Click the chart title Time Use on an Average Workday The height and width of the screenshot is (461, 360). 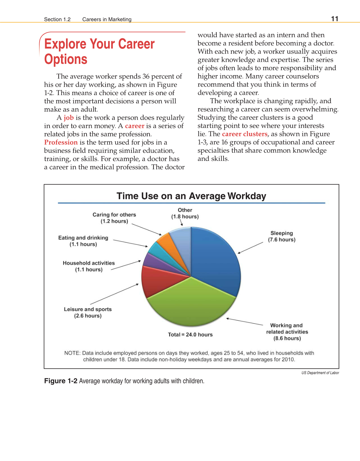click(x=191, y=196)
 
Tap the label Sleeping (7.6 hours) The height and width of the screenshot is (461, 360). click(x=282, y=236)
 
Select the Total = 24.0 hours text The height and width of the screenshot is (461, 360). click(x=190, y=334)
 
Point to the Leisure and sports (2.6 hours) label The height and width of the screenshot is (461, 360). click(x=88, y=312)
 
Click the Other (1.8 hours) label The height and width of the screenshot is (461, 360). click(x=185, y=213)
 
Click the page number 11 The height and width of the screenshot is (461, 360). click(x=334, y=19)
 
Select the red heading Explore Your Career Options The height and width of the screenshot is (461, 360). click(x=99, y=51)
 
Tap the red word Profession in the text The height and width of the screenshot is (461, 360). click(x=61, y=142)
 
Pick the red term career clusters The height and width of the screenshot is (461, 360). click(x=244, y=134)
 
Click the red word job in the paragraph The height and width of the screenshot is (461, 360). click(x=69, y=118)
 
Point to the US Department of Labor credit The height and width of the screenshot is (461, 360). click(x=320, y=373)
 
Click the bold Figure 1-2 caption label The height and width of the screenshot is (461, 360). click(x=61, y=381)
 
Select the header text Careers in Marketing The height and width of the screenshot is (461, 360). click(x=107, y=19)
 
